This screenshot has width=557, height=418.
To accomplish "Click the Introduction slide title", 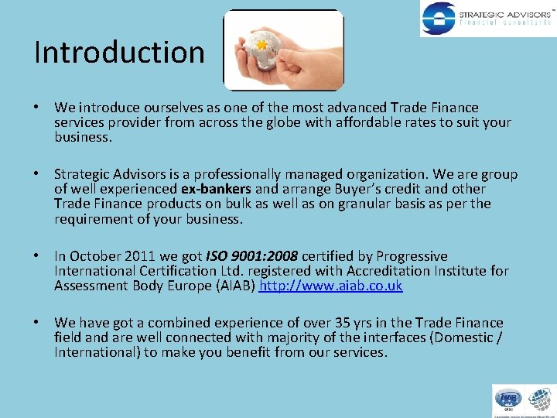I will pos(119,52).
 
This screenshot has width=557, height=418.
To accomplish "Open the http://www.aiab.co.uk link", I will pos(331,286).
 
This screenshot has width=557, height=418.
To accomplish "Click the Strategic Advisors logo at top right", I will pos(487,19).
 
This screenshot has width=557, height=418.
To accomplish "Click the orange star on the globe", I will pos(261,46).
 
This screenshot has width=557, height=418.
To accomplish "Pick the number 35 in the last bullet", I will pos(344,323).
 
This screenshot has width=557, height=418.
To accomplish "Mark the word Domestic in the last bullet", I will pos(460,337).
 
